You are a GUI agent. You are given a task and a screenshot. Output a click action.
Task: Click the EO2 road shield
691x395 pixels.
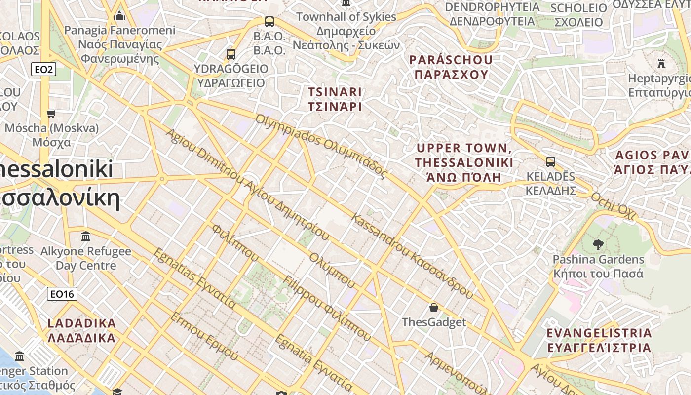tap(43, 70)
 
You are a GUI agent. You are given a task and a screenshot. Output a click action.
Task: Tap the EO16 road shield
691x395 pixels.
tap(62, 294)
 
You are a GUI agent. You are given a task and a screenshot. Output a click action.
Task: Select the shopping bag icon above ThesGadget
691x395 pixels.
tap(434, 308)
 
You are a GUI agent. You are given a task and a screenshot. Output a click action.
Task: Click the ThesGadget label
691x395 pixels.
tap(434, 322)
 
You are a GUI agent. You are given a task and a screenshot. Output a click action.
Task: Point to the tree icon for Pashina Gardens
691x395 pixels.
tap(598, 244)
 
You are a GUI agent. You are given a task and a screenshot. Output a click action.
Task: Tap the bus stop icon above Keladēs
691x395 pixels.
tap(550, 161)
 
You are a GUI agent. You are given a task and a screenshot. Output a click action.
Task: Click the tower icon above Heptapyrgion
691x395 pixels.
tap(661, 63)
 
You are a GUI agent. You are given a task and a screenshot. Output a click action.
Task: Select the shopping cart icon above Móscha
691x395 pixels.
tap(51, 114)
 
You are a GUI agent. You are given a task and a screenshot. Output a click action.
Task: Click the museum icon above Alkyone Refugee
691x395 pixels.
tap(86, 236)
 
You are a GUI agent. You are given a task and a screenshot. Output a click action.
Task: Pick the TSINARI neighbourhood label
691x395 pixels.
tap(335, 99)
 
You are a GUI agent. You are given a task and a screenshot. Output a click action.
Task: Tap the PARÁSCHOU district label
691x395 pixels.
tap(451, 67)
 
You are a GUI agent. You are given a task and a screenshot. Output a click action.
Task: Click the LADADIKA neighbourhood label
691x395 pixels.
tap(82, 331)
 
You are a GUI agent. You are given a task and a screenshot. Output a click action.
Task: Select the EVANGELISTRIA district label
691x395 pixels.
tap(599, 340)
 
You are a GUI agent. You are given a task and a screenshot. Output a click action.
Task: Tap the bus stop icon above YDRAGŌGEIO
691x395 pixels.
tap(231, 54)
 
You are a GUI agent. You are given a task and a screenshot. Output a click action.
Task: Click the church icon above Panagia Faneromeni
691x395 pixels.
tap(119, 17)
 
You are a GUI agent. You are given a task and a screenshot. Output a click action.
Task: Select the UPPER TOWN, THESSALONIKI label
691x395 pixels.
tap(464, 162)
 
